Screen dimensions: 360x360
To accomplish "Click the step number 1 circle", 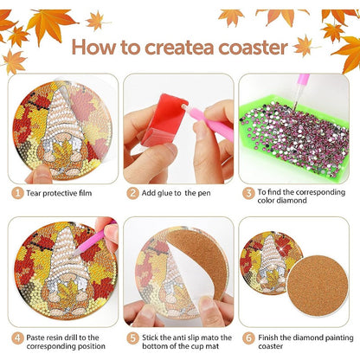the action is click(x=17, y=193).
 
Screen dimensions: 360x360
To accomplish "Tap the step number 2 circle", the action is click(x=132, y=193).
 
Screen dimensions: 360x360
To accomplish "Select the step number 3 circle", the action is click(x=248, y=193).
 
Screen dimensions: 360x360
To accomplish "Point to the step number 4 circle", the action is click(x=17, y=337).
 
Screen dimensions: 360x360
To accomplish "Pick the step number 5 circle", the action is click(x=132, y=337).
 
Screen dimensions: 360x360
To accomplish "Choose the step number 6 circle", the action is click(x=248, y=337).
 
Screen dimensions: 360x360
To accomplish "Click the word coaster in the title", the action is click(x=253, y=48).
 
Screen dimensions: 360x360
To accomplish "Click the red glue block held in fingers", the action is click(x=164, y=119).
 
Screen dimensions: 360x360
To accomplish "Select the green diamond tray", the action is click(x=293, y=137).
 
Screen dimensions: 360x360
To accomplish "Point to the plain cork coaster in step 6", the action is click(x=318, y=286).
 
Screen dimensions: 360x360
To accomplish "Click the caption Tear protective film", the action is click(x=59, y=193).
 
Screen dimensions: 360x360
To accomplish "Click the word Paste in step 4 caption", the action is click(x=35, y=337).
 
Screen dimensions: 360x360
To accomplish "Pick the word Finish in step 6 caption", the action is click(x=268, y=337).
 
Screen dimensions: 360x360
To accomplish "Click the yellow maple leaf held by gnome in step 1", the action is click(x=62, y=153).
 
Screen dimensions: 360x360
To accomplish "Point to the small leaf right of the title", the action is click(x=304, y=46).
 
